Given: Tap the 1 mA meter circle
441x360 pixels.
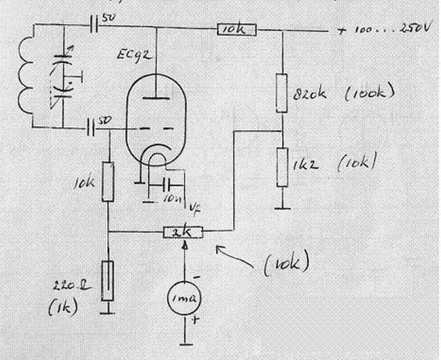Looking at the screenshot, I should [183, 298].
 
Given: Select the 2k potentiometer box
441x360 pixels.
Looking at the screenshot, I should [183, 232].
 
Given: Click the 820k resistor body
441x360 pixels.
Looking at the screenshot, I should [282, 93].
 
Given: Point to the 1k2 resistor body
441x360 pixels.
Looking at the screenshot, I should [282, 167].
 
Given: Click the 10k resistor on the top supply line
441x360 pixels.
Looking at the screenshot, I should [237, 31].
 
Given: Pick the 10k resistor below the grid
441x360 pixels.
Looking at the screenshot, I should [108, 182].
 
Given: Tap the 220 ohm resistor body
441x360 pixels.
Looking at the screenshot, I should [108, 281].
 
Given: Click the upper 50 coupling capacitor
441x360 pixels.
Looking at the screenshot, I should [94, 25].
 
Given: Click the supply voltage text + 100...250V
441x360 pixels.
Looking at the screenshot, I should [383, 29].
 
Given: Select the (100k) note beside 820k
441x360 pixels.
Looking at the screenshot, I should [368, 93].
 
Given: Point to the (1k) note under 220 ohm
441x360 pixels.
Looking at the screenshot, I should [64, 308].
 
